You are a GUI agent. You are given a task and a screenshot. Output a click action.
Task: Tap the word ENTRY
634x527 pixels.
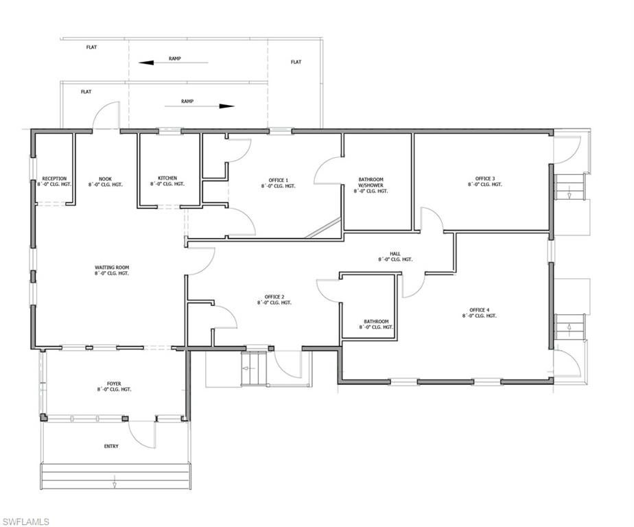click(111, 446)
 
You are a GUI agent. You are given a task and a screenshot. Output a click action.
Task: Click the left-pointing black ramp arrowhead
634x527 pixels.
click(146, 62)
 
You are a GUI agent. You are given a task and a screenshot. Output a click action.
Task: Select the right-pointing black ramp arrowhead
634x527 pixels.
click(227, 106)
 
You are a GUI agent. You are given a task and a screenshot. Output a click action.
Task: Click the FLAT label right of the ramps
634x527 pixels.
click(296, 62)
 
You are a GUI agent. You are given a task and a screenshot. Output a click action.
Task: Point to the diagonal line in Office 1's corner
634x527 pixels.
click(323, 227)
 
